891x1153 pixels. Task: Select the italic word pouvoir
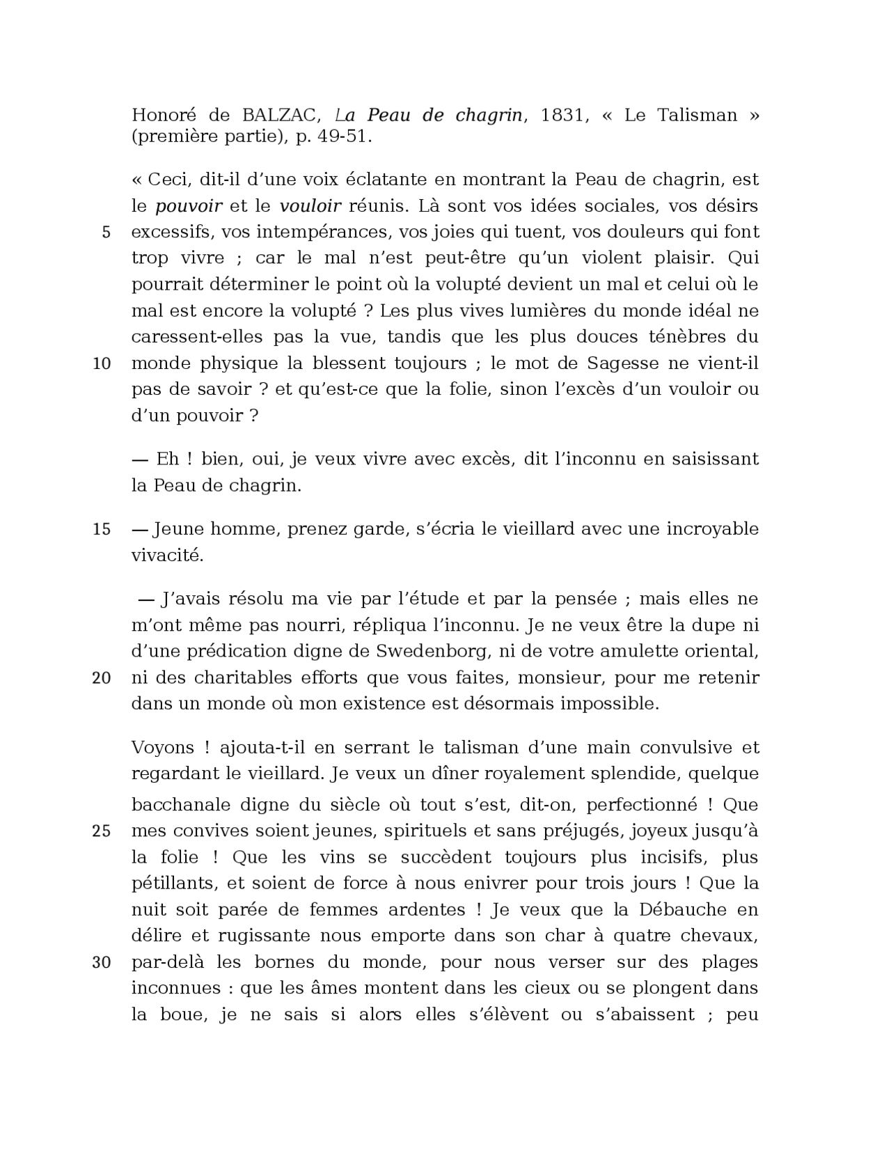click(189, 206)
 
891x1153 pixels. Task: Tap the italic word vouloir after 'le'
click(310, 206)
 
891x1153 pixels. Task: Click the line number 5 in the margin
click(106, 233)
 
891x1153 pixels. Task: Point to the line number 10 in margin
click(102, 363)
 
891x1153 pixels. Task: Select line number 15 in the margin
click(102, 529)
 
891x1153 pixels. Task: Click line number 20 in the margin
click(102, 678)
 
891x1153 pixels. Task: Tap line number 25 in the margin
click(102, 831)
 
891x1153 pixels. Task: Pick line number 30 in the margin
click(102, 963)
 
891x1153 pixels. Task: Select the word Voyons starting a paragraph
click(163, 748)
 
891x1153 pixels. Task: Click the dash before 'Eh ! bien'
click(140, 460)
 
